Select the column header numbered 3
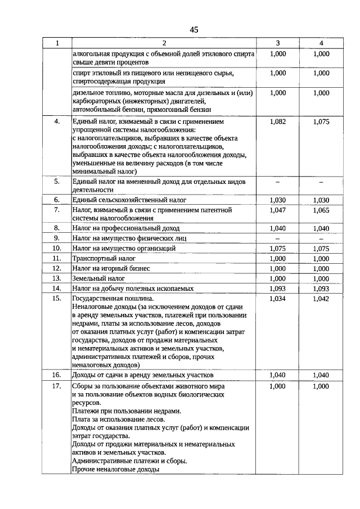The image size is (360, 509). point(278,43)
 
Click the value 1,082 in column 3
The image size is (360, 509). point(278,121)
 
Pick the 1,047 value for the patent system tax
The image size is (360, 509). point(278,209)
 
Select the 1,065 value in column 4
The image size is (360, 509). point(321,209)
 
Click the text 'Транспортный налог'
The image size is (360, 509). point(104,258)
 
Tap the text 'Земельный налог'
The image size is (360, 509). point(99,278)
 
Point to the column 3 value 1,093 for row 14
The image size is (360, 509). point(278,289)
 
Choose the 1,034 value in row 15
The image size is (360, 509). point(278,299)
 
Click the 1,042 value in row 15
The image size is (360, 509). point(321,299)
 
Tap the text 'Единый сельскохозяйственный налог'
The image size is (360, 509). point(129,200)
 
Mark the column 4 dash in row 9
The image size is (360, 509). point(321,238)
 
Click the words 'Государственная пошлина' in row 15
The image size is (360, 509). point(113,299)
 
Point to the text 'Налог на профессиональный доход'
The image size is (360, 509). point(126,228)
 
